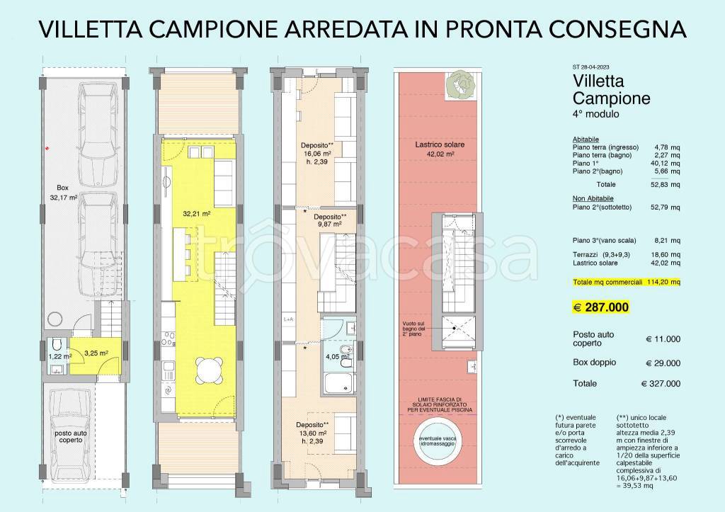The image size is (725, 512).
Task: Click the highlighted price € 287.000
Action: point(600,307)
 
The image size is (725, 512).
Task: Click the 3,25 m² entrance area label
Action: point(96,352)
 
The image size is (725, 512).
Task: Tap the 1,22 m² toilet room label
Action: point(60,357)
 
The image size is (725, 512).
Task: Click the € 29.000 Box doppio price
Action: point(663,363)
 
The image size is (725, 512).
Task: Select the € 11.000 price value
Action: point(663,339)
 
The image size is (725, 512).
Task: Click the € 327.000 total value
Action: point(661,384)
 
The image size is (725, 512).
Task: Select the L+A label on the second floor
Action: point(289,319)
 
